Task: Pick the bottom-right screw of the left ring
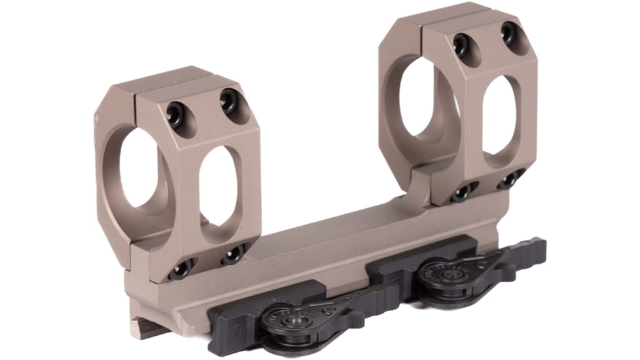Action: (232, 253)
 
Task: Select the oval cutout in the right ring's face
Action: (500, 117)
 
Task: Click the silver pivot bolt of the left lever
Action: (287, 320)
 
